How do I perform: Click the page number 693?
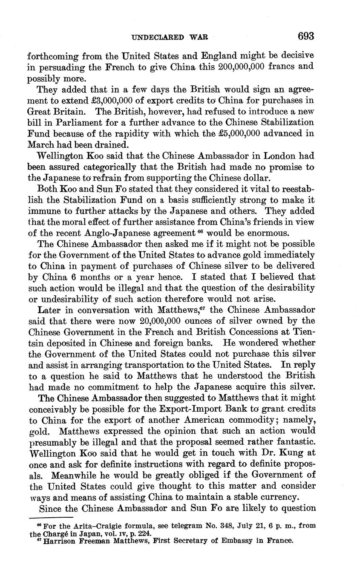306,36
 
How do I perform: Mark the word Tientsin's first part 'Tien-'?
303,331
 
